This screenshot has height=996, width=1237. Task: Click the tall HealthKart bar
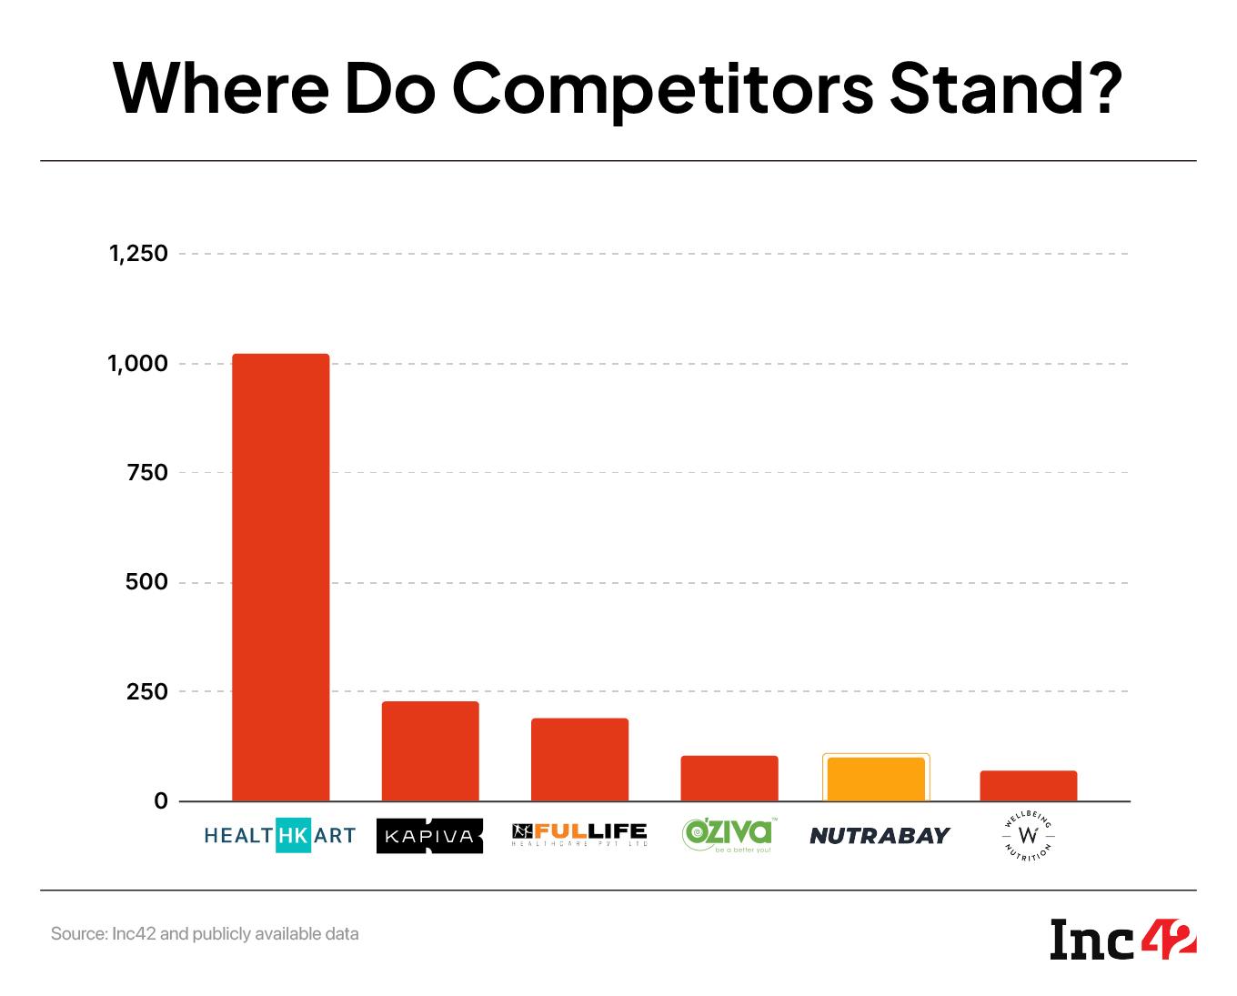point(281,578)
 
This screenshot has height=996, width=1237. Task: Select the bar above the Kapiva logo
point(430,751)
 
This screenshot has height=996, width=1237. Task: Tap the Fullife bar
point(579,760)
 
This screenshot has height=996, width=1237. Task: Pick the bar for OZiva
point(729,779)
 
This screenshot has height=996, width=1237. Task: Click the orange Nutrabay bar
point(876,780)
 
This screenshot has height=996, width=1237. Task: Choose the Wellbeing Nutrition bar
point(1028,786)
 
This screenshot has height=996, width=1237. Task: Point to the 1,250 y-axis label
point(139,254)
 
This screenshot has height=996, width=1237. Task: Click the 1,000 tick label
point(139,364)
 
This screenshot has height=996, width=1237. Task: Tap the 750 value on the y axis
point(147,473)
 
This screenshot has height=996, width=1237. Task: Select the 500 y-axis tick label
point(147,582)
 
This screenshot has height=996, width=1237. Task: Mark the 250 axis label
point(147,692)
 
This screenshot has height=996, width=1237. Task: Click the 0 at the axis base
point(161,801)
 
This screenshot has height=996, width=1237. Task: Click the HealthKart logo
point(280,835)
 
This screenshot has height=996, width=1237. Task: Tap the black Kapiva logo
point(429,836)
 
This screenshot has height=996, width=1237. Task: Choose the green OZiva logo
point(729,835)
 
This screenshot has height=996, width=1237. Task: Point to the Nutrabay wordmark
point(880,835)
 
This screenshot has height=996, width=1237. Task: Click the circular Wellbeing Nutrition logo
point(1029,836)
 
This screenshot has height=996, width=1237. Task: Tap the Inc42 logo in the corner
point(1123,940)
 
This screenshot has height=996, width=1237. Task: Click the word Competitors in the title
point(663,88)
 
